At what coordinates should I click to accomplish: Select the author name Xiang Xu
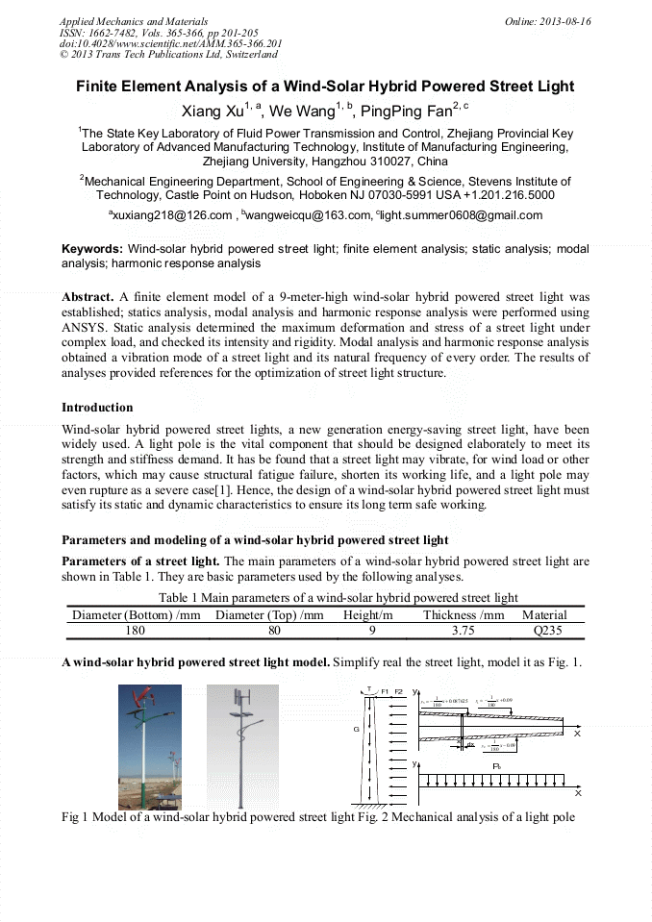(x=213, y=112)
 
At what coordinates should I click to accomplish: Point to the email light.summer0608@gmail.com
(x=462, y=215)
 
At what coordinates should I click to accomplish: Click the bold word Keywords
(x=92, y=249)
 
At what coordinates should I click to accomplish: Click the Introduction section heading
(x=97, y=408)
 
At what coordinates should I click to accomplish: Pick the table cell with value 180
(x=136, y=631)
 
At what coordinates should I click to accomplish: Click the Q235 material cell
(x=545, y=631)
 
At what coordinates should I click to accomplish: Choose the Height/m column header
(x=367, y=615)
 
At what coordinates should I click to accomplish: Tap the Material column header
(x=544, y=615)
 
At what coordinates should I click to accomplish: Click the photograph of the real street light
(x=149, y=747)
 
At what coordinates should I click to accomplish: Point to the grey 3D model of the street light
(x=241, y=747)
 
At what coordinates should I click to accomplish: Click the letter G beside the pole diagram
(x=357, y=730)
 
